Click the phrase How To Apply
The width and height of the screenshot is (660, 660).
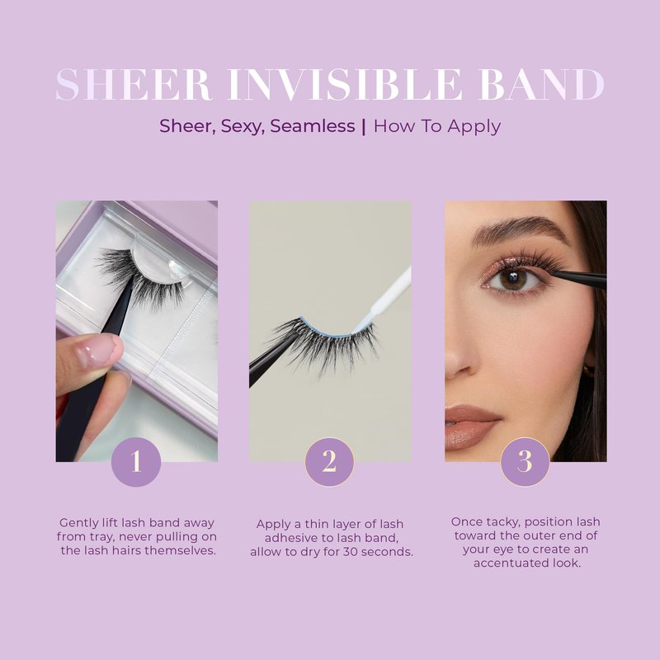[x=437, y=127]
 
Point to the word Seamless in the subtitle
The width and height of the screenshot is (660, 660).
[x=313, y=126]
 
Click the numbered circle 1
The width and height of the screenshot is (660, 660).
[x=136, y=462]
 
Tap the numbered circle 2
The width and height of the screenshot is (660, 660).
[x=329, y=462]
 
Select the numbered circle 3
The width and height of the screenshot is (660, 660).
[x=525, y=462]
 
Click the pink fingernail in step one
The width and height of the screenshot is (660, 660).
[x=98, y=351]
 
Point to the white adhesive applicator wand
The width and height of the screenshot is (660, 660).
[x=382, y=299]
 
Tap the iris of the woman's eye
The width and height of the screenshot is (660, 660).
[x=512, y=279]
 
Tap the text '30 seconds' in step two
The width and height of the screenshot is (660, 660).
[x=378, y=552]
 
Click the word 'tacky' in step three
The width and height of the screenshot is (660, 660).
[x=502, y=522]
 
